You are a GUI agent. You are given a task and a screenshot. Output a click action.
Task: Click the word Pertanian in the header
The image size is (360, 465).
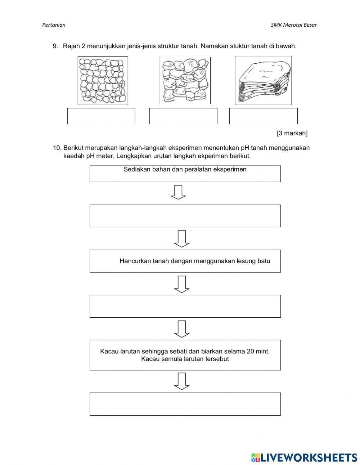coord(54,25)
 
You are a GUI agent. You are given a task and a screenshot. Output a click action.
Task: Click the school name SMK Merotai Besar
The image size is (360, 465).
coord(293,25)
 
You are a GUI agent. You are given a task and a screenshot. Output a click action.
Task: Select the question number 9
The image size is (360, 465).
coord(55,46)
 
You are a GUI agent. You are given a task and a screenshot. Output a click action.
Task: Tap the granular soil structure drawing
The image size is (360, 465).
coord(103,80)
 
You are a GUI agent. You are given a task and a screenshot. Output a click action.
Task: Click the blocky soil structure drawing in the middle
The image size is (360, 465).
coord(184,80)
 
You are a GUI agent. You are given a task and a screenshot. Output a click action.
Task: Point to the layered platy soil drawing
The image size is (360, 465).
coord(263,80)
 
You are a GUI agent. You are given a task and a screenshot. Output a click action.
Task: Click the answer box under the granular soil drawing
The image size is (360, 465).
coord(101,116)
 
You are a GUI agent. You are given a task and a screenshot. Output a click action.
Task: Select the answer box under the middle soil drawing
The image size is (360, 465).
coord(183,116)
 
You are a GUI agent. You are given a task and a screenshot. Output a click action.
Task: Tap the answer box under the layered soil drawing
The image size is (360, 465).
coord(264,116)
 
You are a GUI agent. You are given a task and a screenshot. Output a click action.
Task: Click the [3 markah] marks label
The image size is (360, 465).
coord(292,133)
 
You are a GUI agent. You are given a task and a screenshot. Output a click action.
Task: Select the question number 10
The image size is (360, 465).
coord(57,148)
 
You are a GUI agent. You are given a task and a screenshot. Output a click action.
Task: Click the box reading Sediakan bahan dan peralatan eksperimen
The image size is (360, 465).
coord(185,173)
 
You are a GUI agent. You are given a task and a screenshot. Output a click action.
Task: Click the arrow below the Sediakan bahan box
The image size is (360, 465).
coord(178,192)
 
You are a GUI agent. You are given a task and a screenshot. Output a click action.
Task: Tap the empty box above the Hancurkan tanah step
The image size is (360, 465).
coord(185,216)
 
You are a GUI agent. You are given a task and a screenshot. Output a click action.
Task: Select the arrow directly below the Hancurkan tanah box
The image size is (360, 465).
coord(182,284)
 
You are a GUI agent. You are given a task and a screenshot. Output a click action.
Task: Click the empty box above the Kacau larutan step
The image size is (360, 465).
coord(185,306)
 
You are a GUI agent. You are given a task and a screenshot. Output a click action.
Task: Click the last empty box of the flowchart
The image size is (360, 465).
coord(185,404)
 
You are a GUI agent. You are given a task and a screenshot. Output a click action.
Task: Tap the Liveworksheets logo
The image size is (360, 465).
coord(304,457)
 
